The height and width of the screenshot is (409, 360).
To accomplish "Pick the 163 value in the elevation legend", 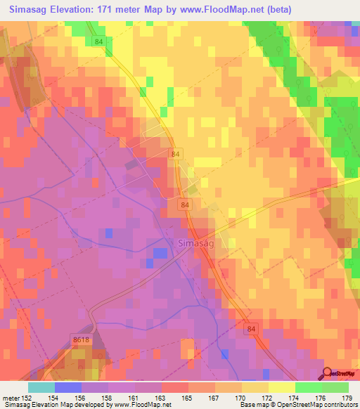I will [161, 398].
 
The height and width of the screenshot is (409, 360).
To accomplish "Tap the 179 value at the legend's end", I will [347, 398].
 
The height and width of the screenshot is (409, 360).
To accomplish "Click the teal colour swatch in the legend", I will [41, 387].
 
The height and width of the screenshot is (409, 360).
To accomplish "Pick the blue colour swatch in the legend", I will [68, 387].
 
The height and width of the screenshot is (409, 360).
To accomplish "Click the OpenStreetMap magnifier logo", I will [326, 372].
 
